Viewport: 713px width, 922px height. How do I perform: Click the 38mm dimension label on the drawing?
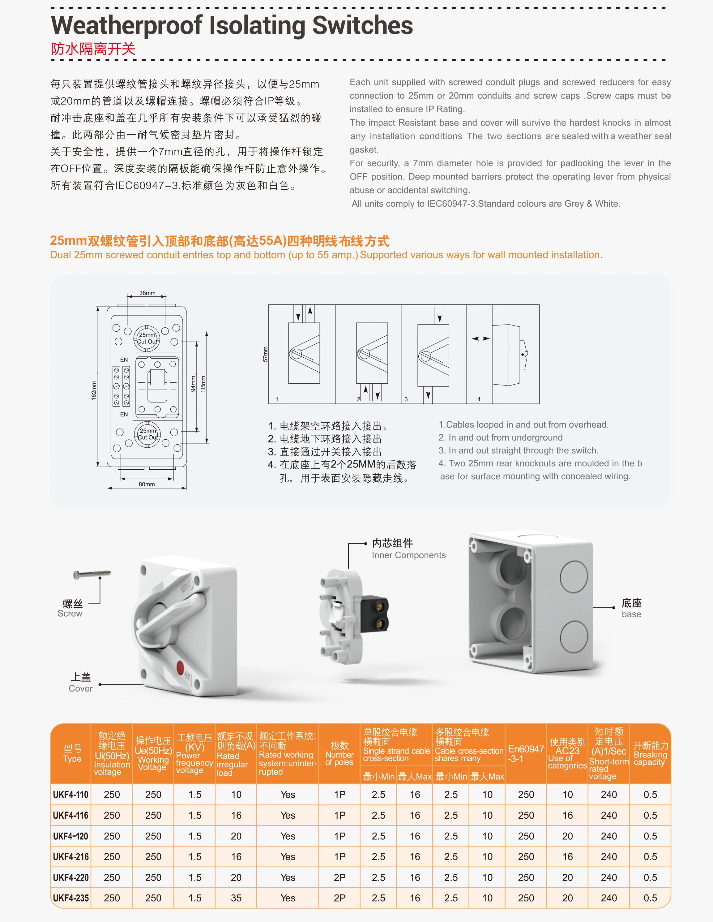click(147, 293)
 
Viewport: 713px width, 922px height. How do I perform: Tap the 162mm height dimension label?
click(94, 390)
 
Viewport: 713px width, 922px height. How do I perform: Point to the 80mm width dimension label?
click(147, 484)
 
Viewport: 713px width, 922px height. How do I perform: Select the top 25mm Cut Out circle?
click(147, 338)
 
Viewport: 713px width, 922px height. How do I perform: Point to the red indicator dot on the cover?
click(180, 668)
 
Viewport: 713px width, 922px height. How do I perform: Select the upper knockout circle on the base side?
click(574, 577)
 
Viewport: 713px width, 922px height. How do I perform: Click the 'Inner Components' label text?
click(408, 555)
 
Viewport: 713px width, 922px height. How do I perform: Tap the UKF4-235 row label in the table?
click(71, 898)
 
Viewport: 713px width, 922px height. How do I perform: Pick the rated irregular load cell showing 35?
click(236, 898)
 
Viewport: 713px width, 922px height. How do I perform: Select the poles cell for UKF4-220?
click(339, 877)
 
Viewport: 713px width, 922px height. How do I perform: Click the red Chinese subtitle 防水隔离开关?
click(93, 49)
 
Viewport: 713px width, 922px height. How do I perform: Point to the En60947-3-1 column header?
click(525, 754)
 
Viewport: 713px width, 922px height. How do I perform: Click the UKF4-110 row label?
click(71, 795)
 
